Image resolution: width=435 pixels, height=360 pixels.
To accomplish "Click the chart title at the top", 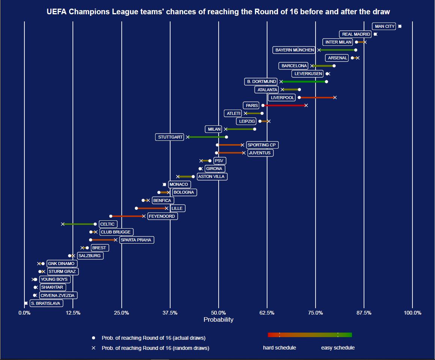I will [218, 12].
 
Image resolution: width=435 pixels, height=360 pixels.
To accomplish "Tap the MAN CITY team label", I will [385, 26].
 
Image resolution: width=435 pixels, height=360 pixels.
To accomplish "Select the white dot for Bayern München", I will [356, 50].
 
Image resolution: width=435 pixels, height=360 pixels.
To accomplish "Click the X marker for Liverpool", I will [335, 98].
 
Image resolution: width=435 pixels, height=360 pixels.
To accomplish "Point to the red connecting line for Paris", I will [284, 105].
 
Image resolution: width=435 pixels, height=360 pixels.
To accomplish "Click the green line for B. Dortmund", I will [304, 81].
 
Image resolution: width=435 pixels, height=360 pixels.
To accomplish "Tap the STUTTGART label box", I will [170, 137].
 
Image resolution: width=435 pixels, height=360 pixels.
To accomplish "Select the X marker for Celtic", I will [63, 224].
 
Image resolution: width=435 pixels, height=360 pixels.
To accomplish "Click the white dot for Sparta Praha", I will [91, 240].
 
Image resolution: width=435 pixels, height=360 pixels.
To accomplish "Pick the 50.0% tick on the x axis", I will [218, 313].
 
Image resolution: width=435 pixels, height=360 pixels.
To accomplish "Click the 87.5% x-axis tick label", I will [364, 313].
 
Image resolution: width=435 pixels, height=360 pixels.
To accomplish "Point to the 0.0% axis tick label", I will [24, 313].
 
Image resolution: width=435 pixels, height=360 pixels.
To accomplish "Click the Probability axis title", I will [218, 320].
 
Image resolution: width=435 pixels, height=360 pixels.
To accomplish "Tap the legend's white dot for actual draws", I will [94, 338].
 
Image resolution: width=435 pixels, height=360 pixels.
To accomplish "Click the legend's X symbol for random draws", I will [94, 348].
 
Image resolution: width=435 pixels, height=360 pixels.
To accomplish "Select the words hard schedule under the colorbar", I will [279, 348].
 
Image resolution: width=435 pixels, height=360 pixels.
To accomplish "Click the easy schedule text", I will [338, 348].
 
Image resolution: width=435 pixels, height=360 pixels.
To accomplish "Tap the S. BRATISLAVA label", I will [45, 303].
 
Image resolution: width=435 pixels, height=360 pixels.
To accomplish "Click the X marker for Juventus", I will [244, 153].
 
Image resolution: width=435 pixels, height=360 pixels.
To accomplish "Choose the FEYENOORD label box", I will [162, 216].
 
